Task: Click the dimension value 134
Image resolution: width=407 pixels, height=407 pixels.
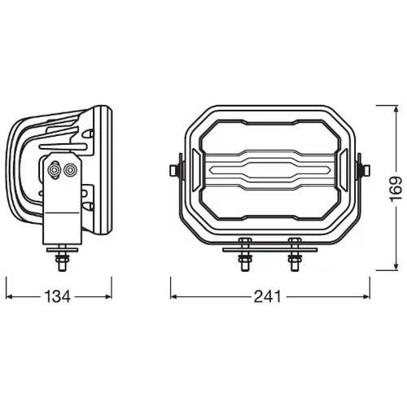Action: click(57, 296)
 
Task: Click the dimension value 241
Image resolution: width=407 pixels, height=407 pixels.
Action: click(268, 296)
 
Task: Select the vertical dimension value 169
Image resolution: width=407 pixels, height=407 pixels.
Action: click(396, 189)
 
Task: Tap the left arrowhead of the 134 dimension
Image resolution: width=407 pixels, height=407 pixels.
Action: click(9, 296)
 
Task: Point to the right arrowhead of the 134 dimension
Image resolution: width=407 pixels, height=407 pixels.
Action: click(108, 296)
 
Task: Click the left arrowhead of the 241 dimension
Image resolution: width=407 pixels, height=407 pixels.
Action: click(173, 296)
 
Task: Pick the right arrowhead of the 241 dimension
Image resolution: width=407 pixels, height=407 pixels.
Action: click(366, 296)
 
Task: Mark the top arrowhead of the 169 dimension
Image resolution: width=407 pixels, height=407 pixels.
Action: click(396, 109)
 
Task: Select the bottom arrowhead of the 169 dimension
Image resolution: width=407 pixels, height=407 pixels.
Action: click(396, 267)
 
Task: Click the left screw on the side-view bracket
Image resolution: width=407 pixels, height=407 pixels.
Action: click(55, 170)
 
